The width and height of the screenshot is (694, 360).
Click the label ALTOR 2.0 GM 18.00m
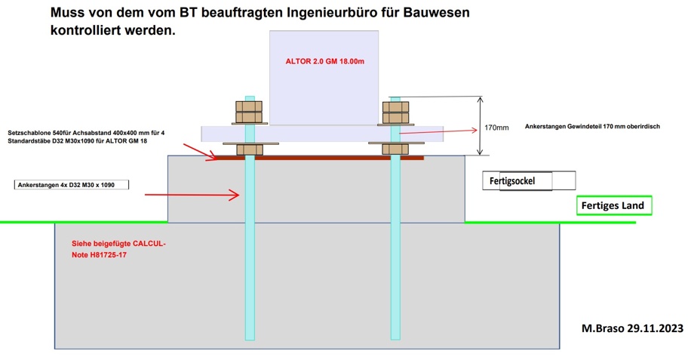325,61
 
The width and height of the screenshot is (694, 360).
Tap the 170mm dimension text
496,128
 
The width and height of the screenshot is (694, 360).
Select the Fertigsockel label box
529,181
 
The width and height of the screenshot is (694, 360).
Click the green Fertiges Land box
614,205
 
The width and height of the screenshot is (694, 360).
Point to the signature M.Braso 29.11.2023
633,329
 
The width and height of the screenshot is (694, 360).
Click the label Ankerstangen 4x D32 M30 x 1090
72,185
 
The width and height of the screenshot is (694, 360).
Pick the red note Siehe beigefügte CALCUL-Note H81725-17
118,250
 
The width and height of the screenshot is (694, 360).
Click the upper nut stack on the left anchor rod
249,112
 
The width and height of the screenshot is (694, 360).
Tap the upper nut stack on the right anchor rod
395,112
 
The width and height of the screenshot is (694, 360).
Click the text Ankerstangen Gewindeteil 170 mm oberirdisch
592,127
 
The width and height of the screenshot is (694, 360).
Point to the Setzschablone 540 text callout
86,137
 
